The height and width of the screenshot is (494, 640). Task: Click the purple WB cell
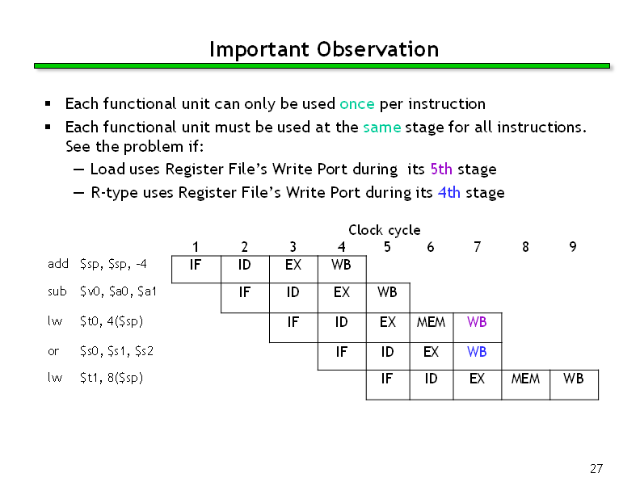pos(477,327)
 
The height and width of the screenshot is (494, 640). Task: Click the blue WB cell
pos(477,356)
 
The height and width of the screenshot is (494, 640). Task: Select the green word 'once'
pos(356,104)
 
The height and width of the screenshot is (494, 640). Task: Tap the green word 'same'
pos(382,128)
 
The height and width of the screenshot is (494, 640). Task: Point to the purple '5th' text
pos(441,169)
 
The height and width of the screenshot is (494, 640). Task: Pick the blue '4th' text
pos(449,192)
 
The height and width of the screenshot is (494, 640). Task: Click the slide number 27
pos(596,469)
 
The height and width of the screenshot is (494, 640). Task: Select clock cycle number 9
pos(573,246)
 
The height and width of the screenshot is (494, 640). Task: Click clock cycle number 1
pos(196,246)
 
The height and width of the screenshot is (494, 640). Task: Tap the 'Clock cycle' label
pos(385,230)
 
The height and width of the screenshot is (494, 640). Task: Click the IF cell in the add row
pos(196,269)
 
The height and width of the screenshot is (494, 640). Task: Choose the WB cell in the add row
pos(342,269)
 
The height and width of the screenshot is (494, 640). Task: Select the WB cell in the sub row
pos(388,298)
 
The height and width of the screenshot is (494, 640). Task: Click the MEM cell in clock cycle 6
pos(432,327)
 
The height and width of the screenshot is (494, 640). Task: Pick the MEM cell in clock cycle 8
pos(526,385)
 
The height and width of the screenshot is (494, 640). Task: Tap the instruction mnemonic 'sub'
pos(57,291)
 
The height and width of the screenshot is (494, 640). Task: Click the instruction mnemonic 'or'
pos(53,351)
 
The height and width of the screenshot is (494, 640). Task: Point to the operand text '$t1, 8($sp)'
pos(112,379)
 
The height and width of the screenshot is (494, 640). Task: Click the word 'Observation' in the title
pos(378,49)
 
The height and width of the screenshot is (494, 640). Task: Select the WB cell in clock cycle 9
pos(575,385)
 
